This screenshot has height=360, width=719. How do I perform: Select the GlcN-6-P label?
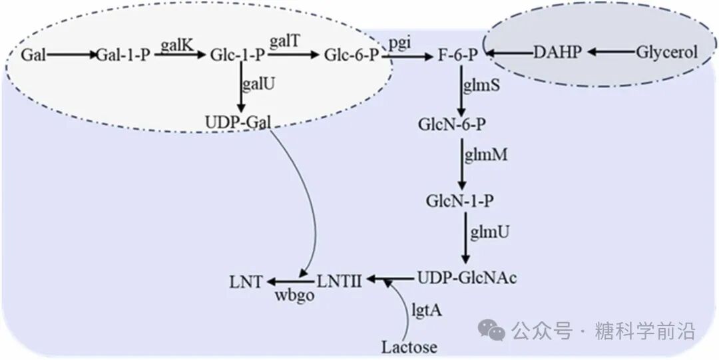(x=457, y=124)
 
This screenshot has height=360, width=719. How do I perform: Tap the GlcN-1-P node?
(x=462, y=200)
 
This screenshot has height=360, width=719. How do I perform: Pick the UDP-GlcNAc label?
(x=466, y=277)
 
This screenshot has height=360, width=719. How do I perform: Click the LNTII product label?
(x=339, y=280)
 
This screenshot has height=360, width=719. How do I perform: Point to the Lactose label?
(x=409, y=347)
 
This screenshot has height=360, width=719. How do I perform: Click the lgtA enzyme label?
(x=427, y=309)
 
